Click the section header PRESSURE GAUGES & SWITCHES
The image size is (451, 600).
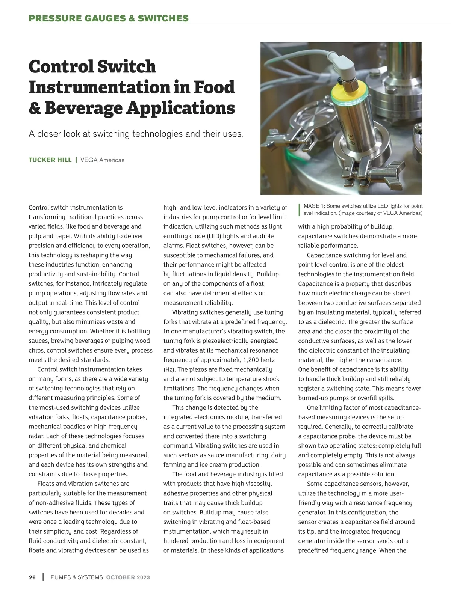coord(109,18)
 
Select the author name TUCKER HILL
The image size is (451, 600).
coord(50,160)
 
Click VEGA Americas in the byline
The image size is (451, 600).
coord(102,160)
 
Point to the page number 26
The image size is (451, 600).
coord(32,577)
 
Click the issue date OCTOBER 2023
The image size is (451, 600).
coord(128,577)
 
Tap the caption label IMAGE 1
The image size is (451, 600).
coord(313,206)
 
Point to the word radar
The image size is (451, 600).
coord(37,436)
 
